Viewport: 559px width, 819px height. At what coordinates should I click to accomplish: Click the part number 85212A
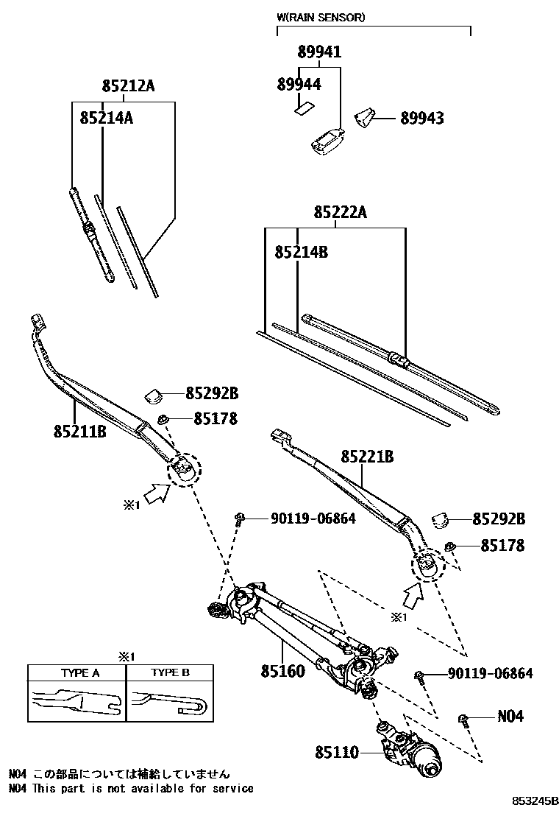tap(128, 86)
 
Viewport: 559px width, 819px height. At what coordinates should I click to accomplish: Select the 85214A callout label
tap(106, 116)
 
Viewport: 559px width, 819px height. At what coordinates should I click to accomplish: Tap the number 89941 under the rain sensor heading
tap(319, 52)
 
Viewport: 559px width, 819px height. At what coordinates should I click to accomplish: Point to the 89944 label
tap(299, 85)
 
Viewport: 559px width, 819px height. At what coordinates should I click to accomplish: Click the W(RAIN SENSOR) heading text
tap(320, 17)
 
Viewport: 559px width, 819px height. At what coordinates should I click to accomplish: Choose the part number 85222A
tap(340, 213)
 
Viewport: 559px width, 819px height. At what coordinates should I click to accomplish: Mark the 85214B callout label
tap(301, 252)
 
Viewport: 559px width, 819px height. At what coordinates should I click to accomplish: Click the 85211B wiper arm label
tap(79, 430)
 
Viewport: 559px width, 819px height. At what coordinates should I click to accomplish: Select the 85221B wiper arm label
tap(367, 457)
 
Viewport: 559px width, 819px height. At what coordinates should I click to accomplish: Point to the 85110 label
tap(337, 753)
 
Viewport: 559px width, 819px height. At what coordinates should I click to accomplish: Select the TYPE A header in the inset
tap(79, 672)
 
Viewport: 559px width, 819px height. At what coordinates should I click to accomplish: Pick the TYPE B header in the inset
tap(171, 672)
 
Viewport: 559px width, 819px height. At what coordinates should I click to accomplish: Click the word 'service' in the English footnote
tap(232, 788)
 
